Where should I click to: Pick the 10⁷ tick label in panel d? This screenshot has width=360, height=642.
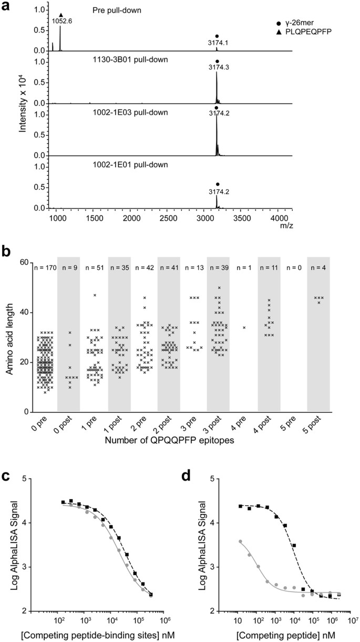point(352,621)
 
